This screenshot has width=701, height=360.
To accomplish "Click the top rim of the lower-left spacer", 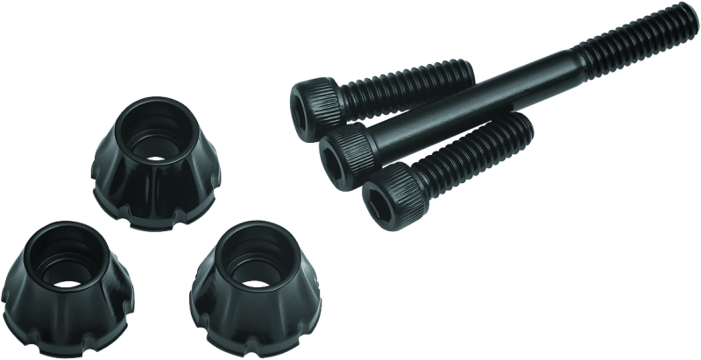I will pyautogui.click(x=54, y=227).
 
